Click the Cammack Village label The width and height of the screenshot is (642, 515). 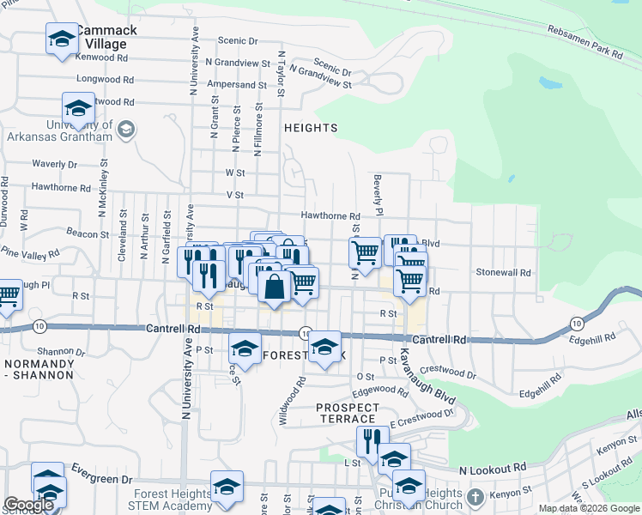106,37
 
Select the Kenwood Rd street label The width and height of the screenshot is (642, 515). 101,58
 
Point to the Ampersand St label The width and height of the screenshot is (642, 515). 237,85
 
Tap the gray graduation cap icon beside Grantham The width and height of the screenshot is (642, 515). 125,130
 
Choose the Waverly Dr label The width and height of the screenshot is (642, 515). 54,164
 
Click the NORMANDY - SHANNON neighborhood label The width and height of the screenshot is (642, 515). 40,369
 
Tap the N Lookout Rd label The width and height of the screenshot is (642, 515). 493,470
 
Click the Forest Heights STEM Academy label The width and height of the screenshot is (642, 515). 173,500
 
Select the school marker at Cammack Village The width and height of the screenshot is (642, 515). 62,39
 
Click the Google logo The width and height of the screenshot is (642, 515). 28,505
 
